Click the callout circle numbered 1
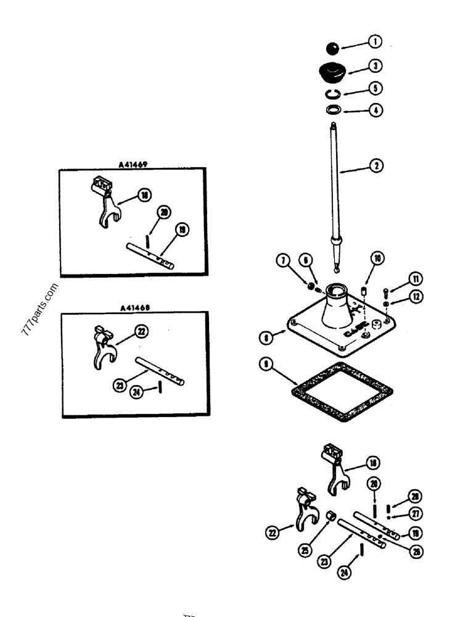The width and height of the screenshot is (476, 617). [374, 42]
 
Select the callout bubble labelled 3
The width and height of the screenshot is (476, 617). [375, 65]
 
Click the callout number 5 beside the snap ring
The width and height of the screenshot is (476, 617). [375, 88]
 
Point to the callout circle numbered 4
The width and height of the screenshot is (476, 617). [375, 111]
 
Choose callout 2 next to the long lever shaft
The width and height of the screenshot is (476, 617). [375, 165]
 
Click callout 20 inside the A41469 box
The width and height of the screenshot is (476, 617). [163, 212]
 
